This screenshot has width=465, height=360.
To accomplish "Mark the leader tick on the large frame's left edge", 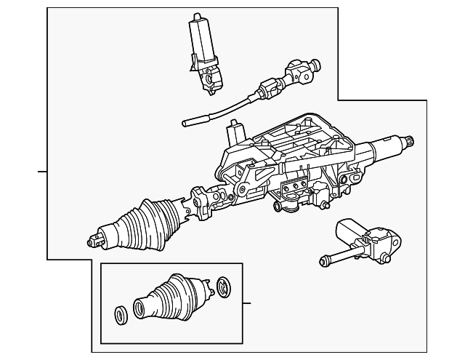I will (x=42, y=172).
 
